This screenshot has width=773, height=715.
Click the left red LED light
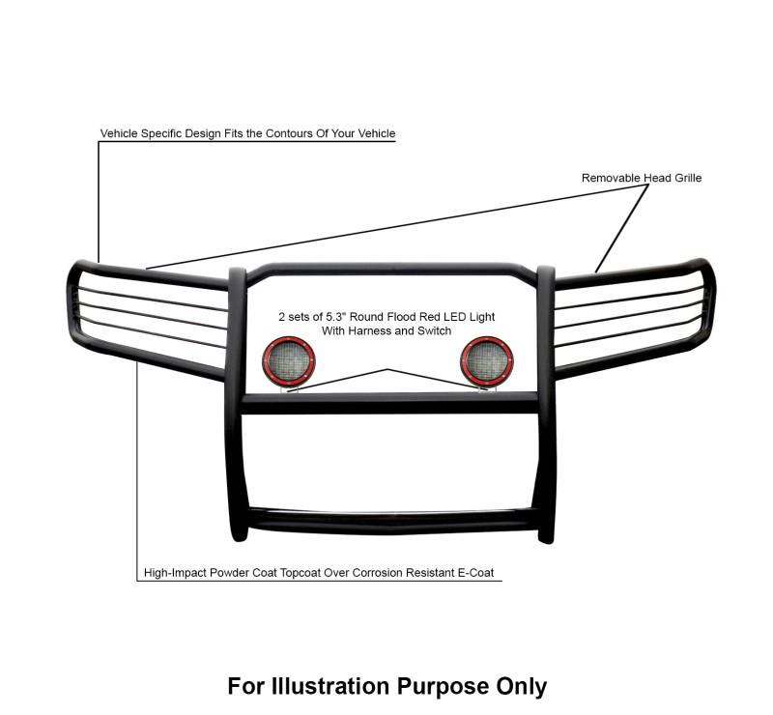286,359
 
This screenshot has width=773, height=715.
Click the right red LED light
481,359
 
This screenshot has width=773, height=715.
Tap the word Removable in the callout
612,178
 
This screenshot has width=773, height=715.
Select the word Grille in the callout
683,178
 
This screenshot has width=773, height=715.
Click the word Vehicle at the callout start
121,133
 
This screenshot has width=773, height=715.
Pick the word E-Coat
473,573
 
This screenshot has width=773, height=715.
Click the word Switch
433,331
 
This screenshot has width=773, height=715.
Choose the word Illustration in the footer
329,686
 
